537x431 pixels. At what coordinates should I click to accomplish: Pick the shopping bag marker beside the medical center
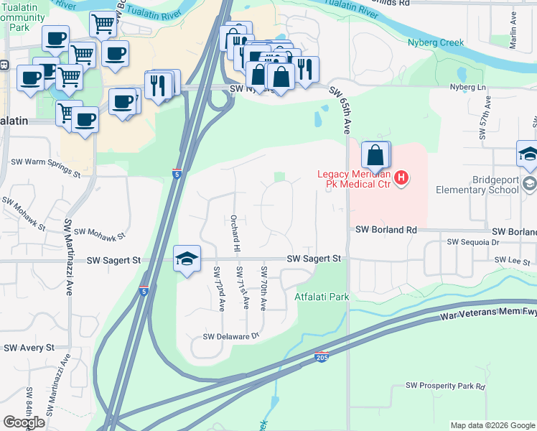pos(375,155)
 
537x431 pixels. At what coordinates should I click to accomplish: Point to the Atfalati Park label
pos(322,296)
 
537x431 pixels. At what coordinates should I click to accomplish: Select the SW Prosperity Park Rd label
pos(445,386)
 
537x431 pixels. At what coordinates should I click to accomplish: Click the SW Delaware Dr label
pos(230,336)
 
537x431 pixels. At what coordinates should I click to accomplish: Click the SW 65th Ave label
pos(340,111)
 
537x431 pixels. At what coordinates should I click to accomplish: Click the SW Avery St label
pos(29,348)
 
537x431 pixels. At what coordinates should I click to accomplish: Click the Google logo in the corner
pos(24,422)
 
